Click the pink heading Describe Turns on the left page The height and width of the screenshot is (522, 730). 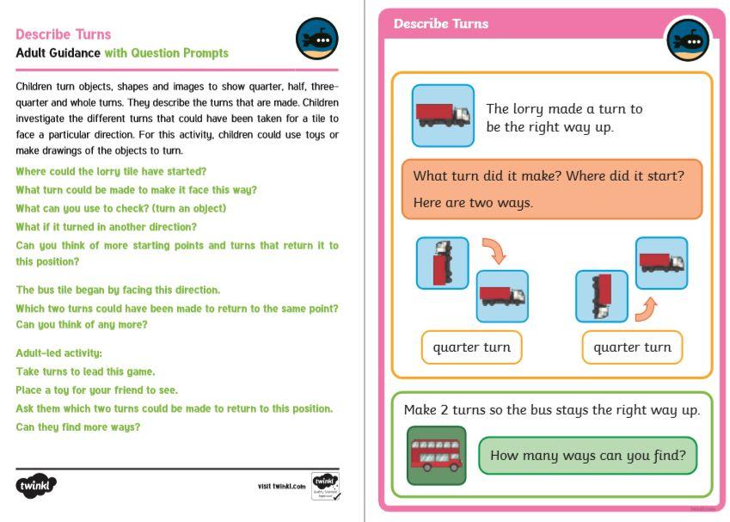[64, 34]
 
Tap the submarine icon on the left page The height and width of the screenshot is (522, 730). [316, 39]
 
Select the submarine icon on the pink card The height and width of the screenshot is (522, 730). [687, 40]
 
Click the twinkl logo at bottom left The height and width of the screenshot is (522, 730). [36, 486]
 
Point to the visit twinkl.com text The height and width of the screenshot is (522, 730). [281, 487]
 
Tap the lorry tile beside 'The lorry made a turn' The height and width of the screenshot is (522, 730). [443, 115]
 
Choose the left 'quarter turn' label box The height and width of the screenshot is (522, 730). [471, 347]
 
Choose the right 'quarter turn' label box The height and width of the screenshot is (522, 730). [632, 347]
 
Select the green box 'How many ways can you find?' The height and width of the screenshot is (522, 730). [587, 456]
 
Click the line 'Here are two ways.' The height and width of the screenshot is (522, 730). [473, 203]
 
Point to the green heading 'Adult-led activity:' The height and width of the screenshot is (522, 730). [59, 353]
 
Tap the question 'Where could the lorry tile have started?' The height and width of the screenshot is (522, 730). [111, 171]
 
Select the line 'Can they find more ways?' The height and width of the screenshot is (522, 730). [78, 427]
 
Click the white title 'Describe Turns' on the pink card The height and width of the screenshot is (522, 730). [441, 24]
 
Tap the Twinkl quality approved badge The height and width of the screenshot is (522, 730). [324, 486]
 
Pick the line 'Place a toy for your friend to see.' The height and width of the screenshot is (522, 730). [97, 390]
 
